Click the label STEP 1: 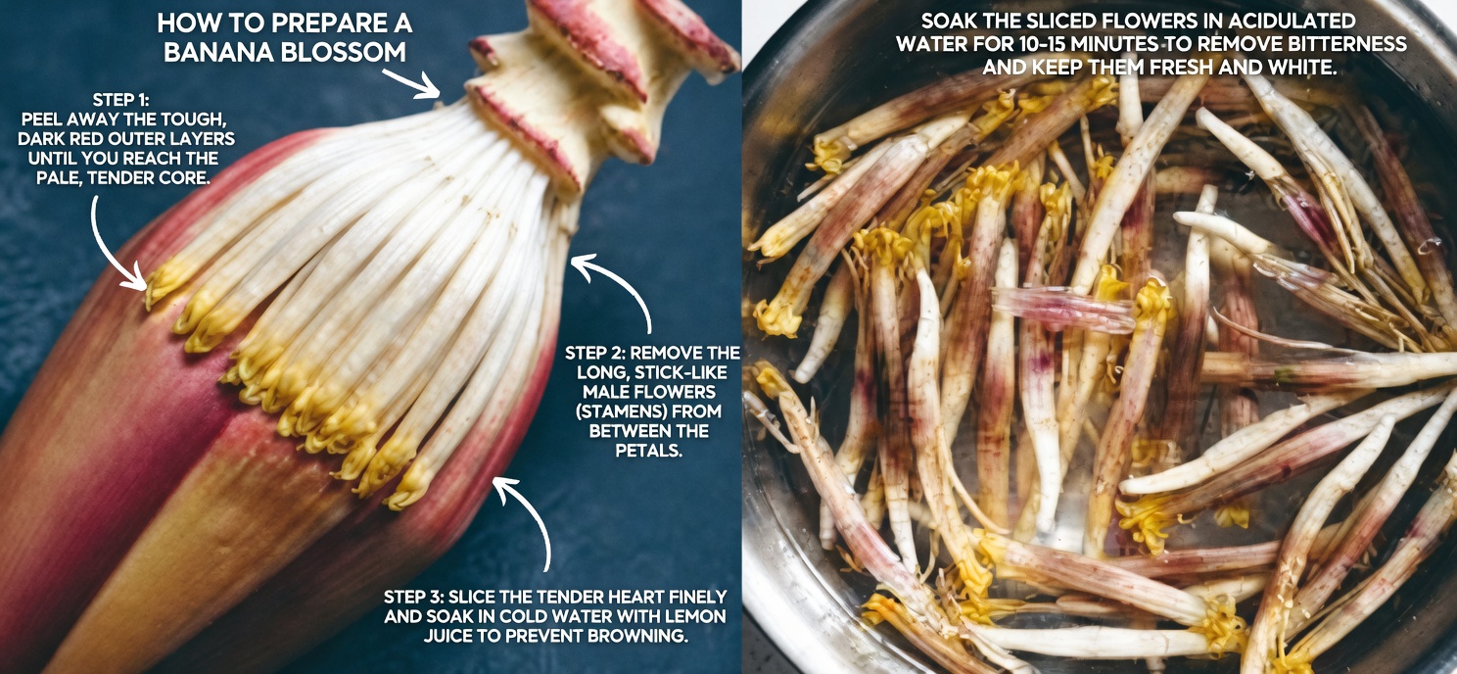click(x=126, y=99)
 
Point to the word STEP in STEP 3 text click(x=411, y=598)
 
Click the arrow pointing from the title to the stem click(x=411, y=82)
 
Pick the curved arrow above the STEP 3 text click(x=527, y=519)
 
